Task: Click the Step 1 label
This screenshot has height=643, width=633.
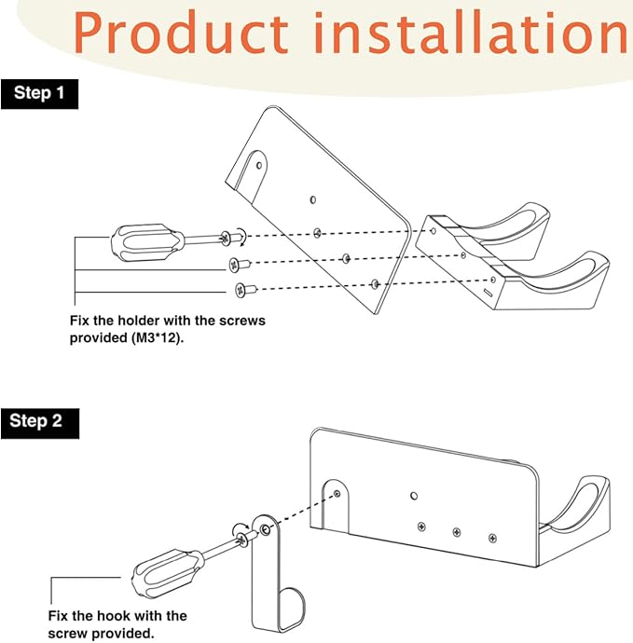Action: [x=40, y=93]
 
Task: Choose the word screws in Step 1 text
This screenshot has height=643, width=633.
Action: [x=242, y=321]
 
